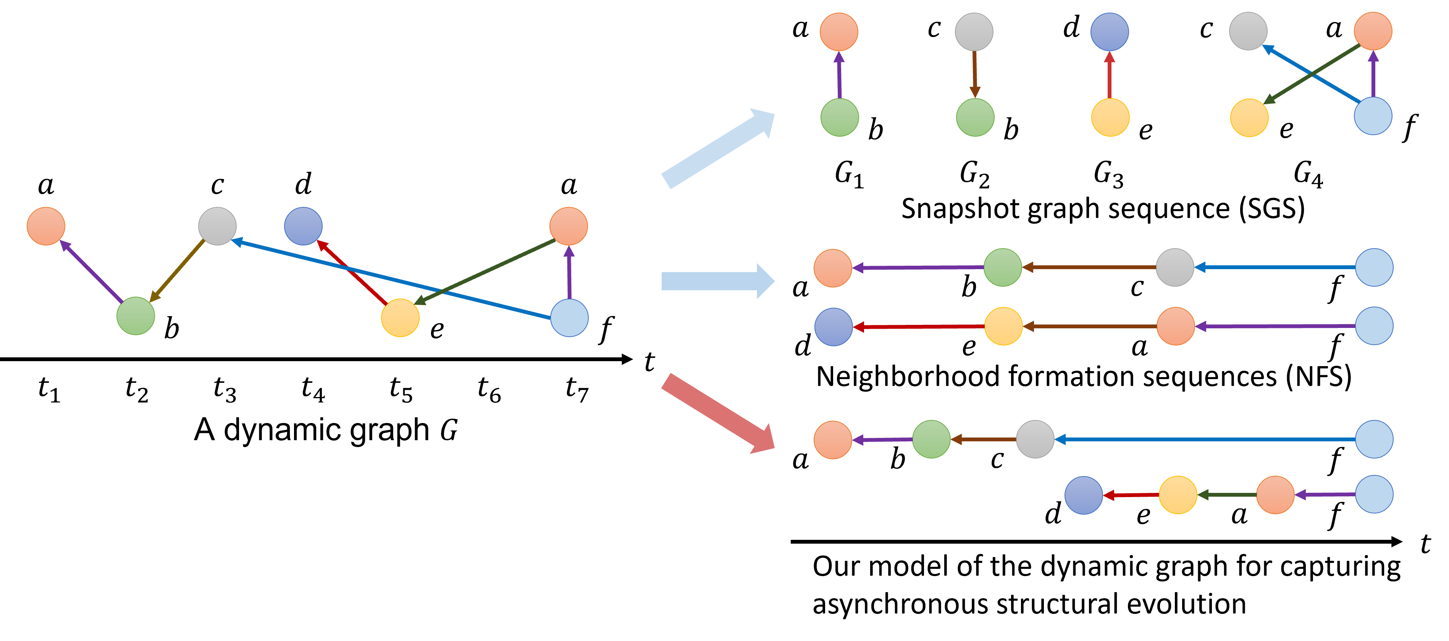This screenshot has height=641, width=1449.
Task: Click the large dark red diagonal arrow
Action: coord(717,412)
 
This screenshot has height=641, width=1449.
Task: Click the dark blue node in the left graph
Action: coord(303,226)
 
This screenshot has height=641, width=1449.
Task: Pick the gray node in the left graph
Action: coord(217,226)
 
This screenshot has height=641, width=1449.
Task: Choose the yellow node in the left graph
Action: coord(400,318)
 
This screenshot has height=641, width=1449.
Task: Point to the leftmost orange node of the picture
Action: coord(46,226)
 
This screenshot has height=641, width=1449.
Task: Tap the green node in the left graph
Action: coord(136,316)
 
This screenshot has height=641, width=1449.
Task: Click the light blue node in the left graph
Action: coord(569,318)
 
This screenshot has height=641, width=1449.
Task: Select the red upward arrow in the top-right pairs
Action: coord(1109,76)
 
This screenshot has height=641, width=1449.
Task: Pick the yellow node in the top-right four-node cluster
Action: coord(1249,118)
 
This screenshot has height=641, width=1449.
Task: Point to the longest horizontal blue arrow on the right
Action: coord(1204,439)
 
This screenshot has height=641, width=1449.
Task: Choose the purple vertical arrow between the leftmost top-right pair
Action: coord(839,76)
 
